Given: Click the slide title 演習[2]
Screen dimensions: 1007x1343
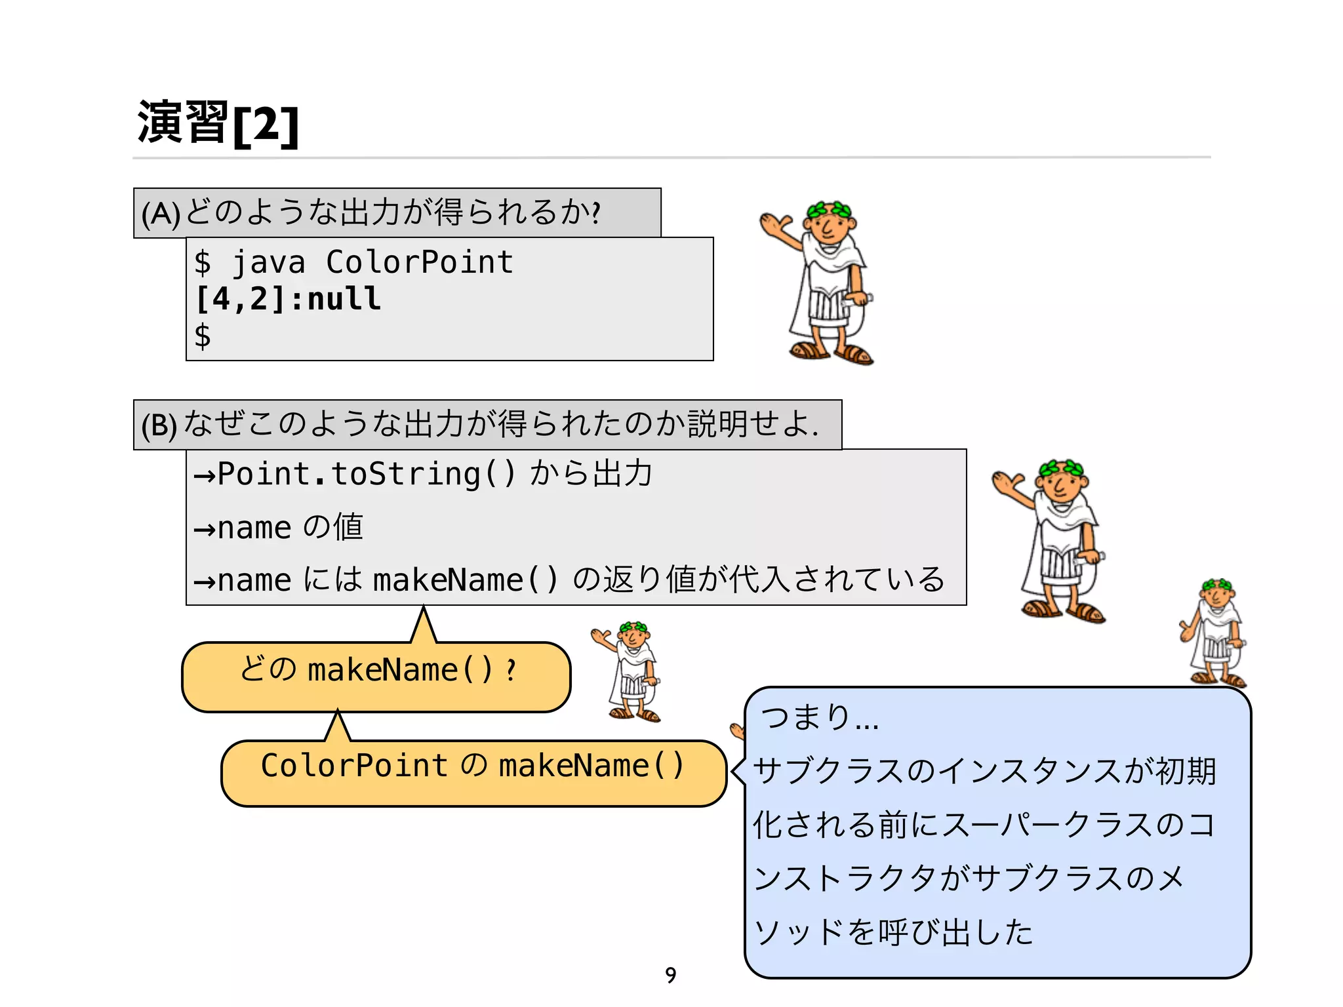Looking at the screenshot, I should click(218, 123).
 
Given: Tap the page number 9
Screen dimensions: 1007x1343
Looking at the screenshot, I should click(670, 975).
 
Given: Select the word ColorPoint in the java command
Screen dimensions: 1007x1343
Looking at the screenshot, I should click(419, 262).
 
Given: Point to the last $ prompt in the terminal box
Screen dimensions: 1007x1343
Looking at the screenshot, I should click(203, 336).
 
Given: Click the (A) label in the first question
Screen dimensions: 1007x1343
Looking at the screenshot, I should click(160, 214).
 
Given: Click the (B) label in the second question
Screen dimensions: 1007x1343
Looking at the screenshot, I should click(159, 425).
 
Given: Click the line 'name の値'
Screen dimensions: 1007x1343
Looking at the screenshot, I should click(279, 527).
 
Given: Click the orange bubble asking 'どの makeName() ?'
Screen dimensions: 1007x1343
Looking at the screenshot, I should click(376, 677).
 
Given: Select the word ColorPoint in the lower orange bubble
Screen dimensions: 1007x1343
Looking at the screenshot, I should click(354, 766).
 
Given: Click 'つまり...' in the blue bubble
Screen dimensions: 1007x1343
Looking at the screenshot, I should click(819, 717).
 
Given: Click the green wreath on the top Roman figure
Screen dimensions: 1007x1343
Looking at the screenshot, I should click(830, 210).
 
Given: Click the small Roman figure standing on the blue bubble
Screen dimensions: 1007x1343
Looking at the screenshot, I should click(1215, 633).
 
